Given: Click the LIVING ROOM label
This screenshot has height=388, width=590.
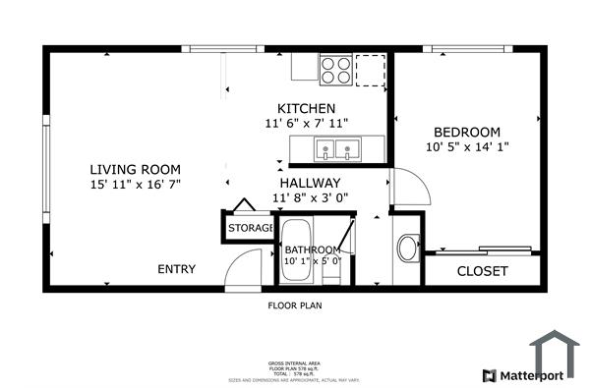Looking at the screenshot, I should (x=136, y=168).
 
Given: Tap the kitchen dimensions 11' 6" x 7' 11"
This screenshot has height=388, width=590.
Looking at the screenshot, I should (x=307, y=123).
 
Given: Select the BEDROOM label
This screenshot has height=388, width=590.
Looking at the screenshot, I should (x=467, y=132).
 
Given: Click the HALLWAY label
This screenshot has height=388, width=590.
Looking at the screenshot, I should (x=310, y=183).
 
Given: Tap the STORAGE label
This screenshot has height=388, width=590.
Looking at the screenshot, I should (x=250, y=228).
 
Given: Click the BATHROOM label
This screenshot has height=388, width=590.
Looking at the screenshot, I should (x=312, y=249).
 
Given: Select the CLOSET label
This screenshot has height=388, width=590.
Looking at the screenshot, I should (x=483, y=271).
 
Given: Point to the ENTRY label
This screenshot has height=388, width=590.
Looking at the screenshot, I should (x=177, y=269).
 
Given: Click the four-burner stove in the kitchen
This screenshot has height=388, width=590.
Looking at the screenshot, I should (x=336, y=70).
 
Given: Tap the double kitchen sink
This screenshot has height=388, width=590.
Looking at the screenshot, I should (x=336, y=150).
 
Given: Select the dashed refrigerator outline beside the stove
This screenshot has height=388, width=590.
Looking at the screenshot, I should (x=370, y=70).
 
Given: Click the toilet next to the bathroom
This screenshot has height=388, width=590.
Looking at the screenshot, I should (x=407, y=249).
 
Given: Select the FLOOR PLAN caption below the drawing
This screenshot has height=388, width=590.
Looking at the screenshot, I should (x=295, y=305).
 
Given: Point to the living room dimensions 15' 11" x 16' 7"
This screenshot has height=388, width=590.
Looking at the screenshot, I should (x=136, y=183).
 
